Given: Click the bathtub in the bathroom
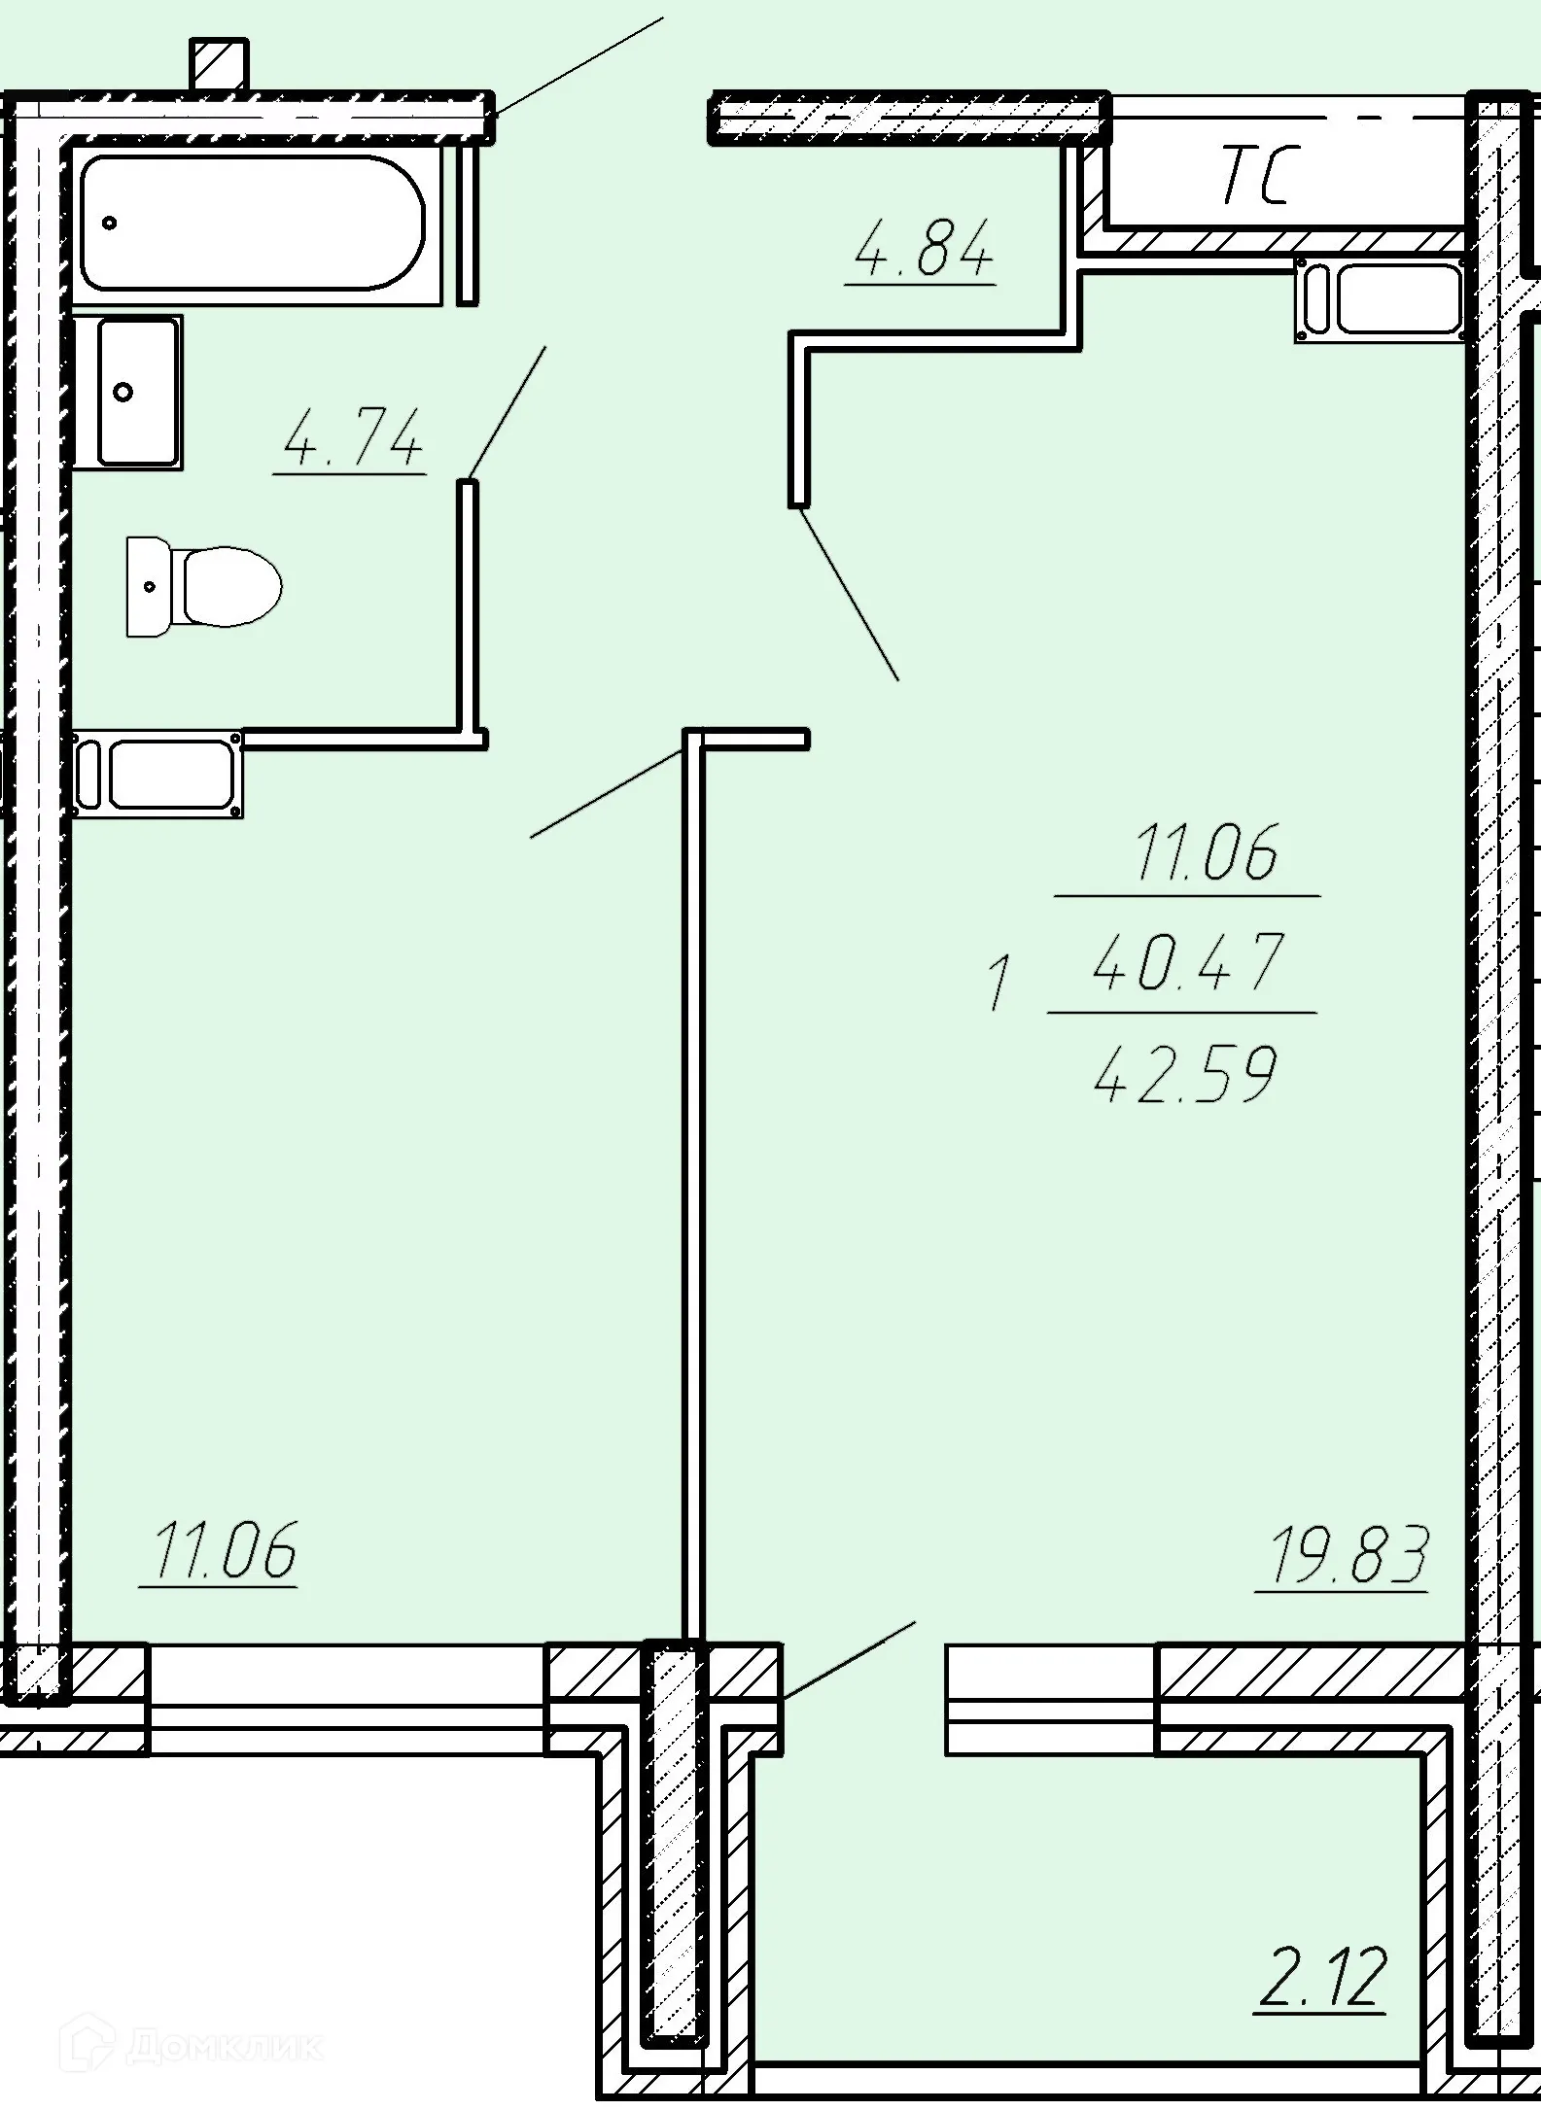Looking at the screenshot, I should (x=252, y=222).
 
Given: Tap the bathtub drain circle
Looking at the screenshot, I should (x=110, y=223).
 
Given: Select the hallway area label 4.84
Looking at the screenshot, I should (x=923, y=250).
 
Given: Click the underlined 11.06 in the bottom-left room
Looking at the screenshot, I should (x=224, y=1551).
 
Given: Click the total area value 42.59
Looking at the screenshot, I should (x=1185, y=1075).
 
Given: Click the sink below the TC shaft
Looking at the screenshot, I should (x=1381, y=299).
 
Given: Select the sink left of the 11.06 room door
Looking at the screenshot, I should (x=158, y=773).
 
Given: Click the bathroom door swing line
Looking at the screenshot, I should (x=507, y=413).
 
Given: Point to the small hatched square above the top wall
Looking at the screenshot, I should (x=220, y=64).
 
